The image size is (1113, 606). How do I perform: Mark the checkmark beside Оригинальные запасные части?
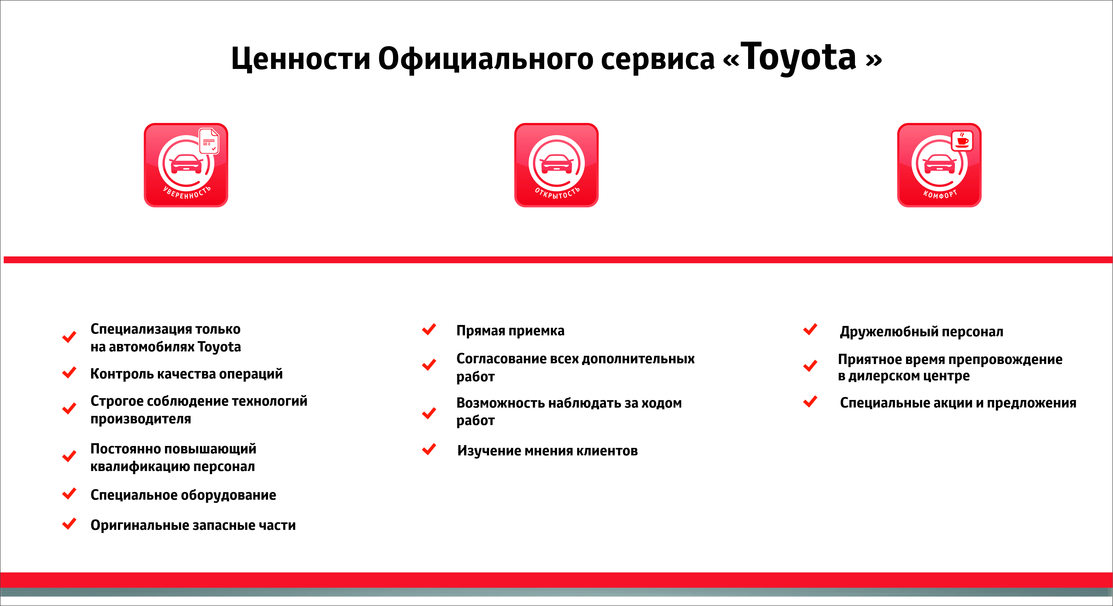click(x=69, y=524)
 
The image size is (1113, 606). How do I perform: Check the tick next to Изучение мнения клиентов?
click(x=429, y=449)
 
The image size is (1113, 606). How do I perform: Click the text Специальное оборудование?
click(x=183, y=495)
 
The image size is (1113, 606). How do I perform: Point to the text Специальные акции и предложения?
click(x=958, y=403)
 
